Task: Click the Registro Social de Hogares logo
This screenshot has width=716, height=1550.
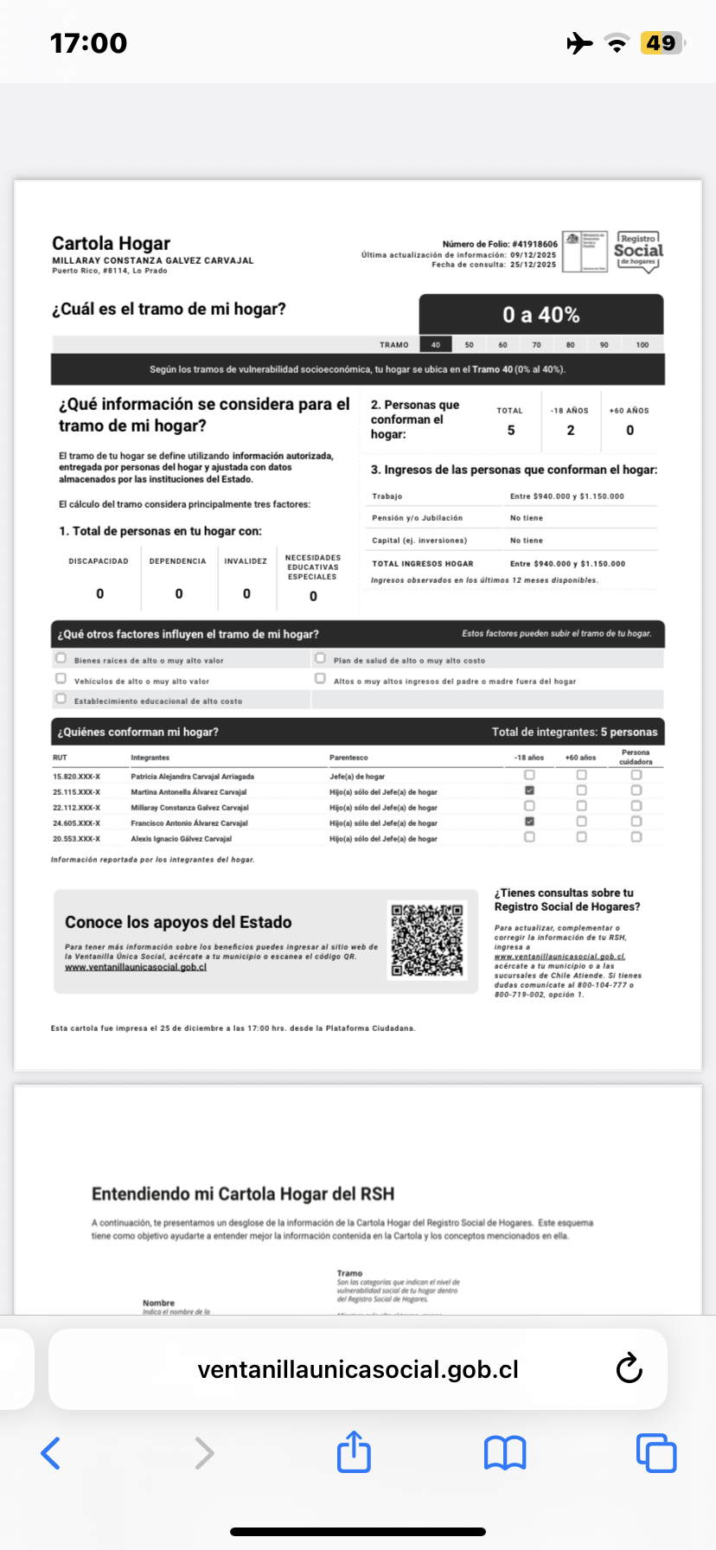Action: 638,252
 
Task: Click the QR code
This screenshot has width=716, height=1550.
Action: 427,940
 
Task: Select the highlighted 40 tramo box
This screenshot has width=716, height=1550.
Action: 436,344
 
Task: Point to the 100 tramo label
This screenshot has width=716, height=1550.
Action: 642,344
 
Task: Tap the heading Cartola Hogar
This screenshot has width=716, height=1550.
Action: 111,243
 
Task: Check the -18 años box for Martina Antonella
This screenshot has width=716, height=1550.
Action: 529,791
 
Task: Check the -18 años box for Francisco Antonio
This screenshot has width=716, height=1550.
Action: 529,822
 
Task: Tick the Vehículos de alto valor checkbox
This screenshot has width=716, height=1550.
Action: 61,679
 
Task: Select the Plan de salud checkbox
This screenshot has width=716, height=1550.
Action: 320,658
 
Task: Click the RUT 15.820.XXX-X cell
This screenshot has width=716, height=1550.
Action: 76,777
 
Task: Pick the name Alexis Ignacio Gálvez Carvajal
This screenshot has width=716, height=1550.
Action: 181,838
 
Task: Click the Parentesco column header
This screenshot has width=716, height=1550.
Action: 348,758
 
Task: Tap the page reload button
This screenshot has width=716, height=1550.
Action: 629,1368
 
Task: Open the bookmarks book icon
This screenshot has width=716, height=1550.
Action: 505,1453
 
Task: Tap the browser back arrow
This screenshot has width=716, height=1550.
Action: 51,1453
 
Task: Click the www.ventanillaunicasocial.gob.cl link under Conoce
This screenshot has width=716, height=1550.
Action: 136,967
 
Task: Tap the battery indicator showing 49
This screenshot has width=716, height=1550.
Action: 662,42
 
